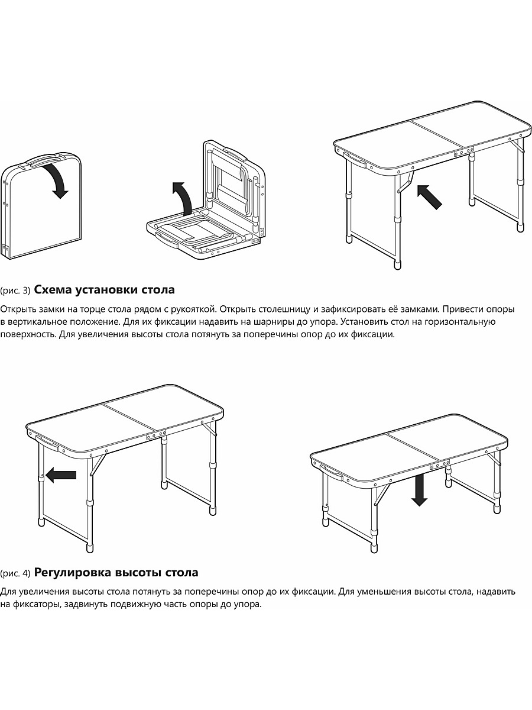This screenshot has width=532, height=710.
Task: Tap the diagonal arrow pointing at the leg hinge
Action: (x=429, y=197)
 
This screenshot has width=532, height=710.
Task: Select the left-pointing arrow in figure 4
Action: (x=61, y=475)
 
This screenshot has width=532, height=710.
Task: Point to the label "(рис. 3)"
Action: (x=15, y=291)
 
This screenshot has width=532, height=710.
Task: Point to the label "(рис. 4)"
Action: (x=15, y=573)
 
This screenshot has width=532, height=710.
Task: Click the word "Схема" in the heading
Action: (x=53, y=289)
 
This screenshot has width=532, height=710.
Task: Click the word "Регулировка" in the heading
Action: (x=73, y=573)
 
